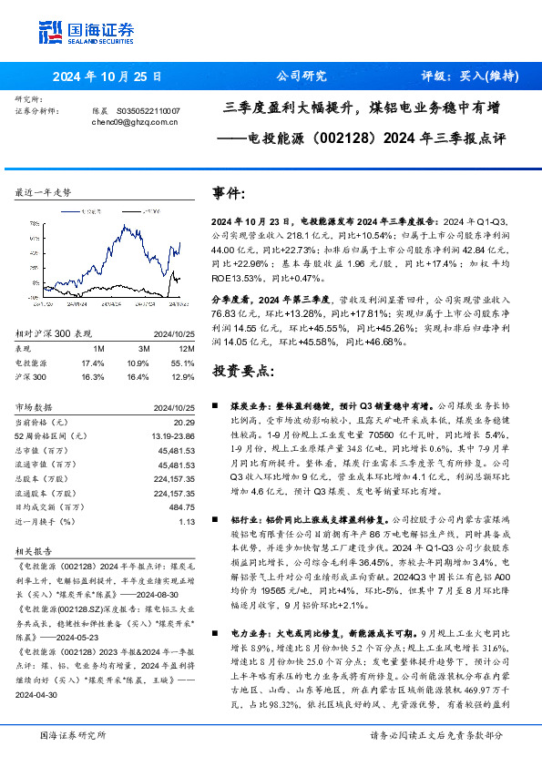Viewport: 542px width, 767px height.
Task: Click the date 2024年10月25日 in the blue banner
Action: click(x=107, y=77)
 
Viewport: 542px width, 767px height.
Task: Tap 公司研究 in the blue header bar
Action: click(x=301, y=77)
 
